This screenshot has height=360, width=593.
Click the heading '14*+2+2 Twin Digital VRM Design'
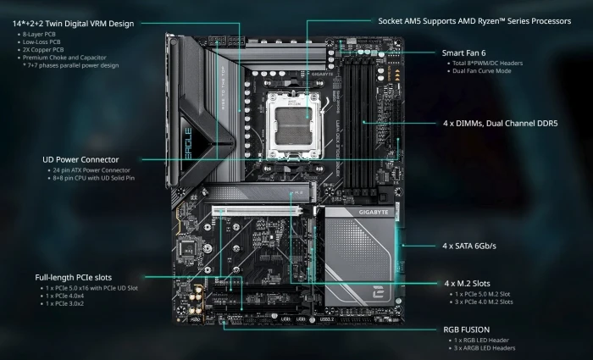73,23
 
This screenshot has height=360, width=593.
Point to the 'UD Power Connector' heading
80,158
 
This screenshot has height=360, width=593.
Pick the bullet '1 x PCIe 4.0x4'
68,296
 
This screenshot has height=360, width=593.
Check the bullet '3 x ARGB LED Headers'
485,347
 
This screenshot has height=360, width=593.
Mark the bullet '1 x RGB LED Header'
482,340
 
